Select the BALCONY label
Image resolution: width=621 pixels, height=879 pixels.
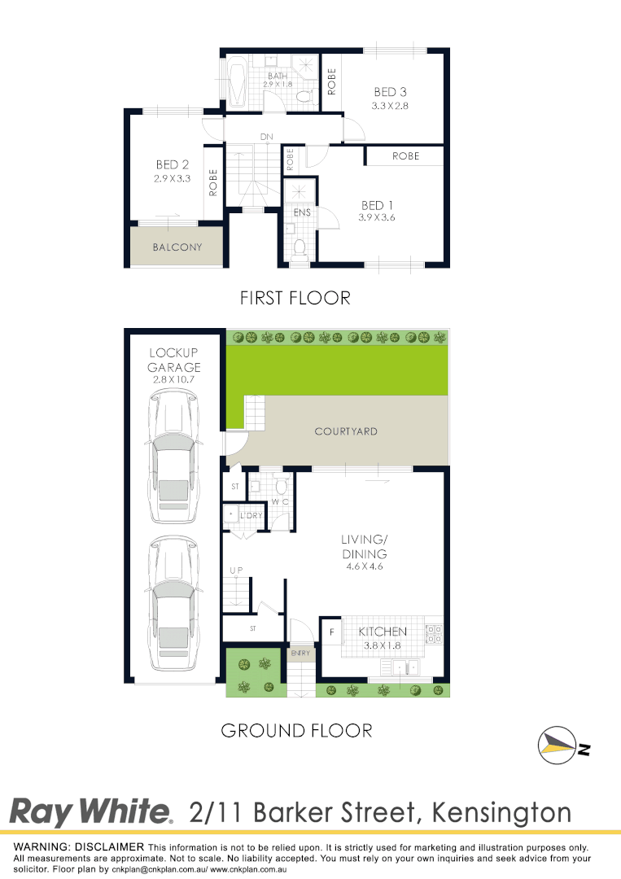pyautogui.click(x=177, y=247)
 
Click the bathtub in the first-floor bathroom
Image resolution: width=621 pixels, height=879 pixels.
pyautogui.click(x=237, y=82)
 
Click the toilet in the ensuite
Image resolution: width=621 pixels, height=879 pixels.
pyautogui.click(x=300, y=245)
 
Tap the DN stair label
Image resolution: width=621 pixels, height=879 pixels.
pyautogui.click(x=265, y=136)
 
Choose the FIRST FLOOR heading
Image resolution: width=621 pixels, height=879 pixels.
pyautogui.click(x=295, y=298)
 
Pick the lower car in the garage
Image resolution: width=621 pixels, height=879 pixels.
pyautogui.click(x=172, y=598)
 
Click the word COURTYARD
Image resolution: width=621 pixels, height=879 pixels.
pyautogui.click(x=346, y=431)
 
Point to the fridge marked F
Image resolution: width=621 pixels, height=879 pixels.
pyautogui.click(x=331, y=631)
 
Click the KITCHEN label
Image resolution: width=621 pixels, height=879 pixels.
pyautogui.click(x=383, y=631)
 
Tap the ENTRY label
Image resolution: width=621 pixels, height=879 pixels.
pyautogui.click(x=299, y=653)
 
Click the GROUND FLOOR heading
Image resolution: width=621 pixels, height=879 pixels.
pyautogui.click(x=296, y=730)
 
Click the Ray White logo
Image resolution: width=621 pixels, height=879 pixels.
pyautogui.click(x=90, y=811)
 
